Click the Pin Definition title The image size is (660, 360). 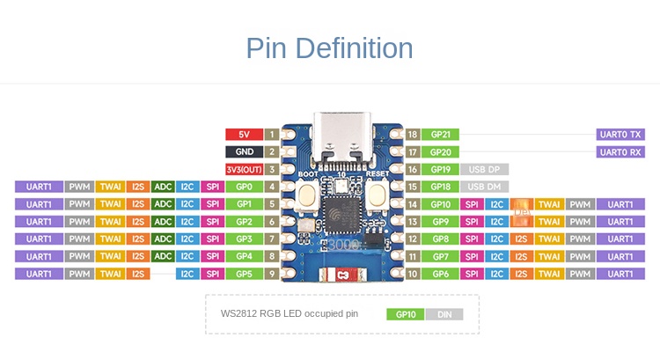coord(329,48)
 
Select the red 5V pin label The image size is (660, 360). coord(244,135)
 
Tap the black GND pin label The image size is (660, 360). coord(244,151)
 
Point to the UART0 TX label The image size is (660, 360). coord(620,135)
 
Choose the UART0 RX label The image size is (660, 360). coord(620,151)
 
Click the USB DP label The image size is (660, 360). coord(484,169)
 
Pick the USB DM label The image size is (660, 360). coord(484,187)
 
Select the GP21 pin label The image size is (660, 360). coord(440,135)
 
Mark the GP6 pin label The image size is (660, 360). coord(440,274)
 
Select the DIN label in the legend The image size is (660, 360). coord(444,314)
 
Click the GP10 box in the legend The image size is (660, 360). coord(405,314)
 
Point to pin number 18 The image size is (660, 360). coord(412,135)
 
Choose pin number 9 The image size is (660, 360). coord(273,274)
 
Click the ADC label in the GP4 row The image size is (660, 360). coord(163,256)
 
